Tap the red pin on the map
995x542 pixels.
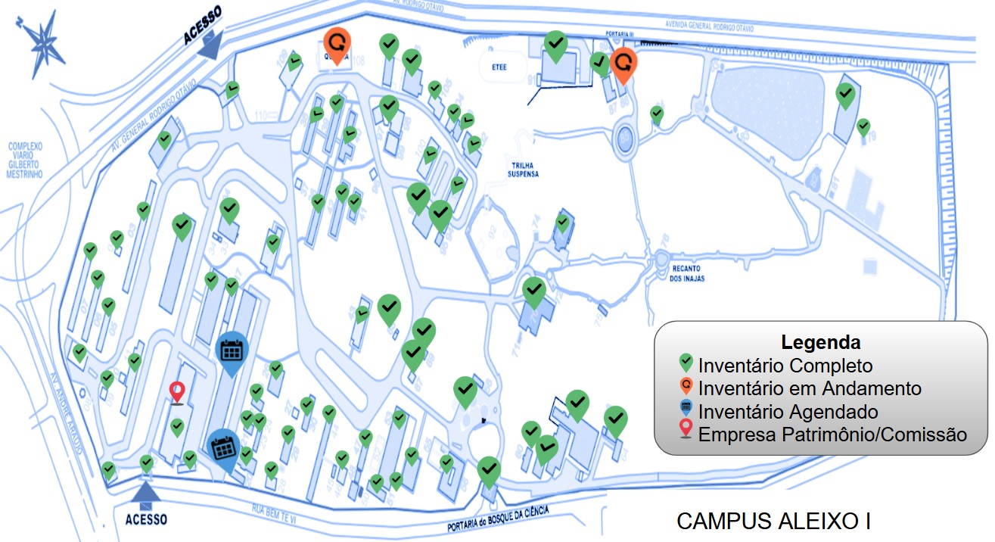click(x=178, y=391)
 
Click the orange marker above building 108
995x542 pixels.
click(x=337, y=44)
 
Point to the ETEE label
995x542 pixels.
click(x=499, y=67)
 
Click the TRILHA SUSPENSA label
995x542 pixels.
click(x=523, y=169)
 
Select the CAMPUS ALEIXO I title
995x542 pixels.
click(x=773, y=522)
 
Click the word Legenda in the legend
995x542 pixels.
click(x=820, y=341)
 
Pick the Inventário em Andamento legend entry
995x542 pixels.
click(x=810, y=388)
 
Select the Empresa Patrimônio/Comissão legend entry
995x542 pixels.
click(x=832, y=435)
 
